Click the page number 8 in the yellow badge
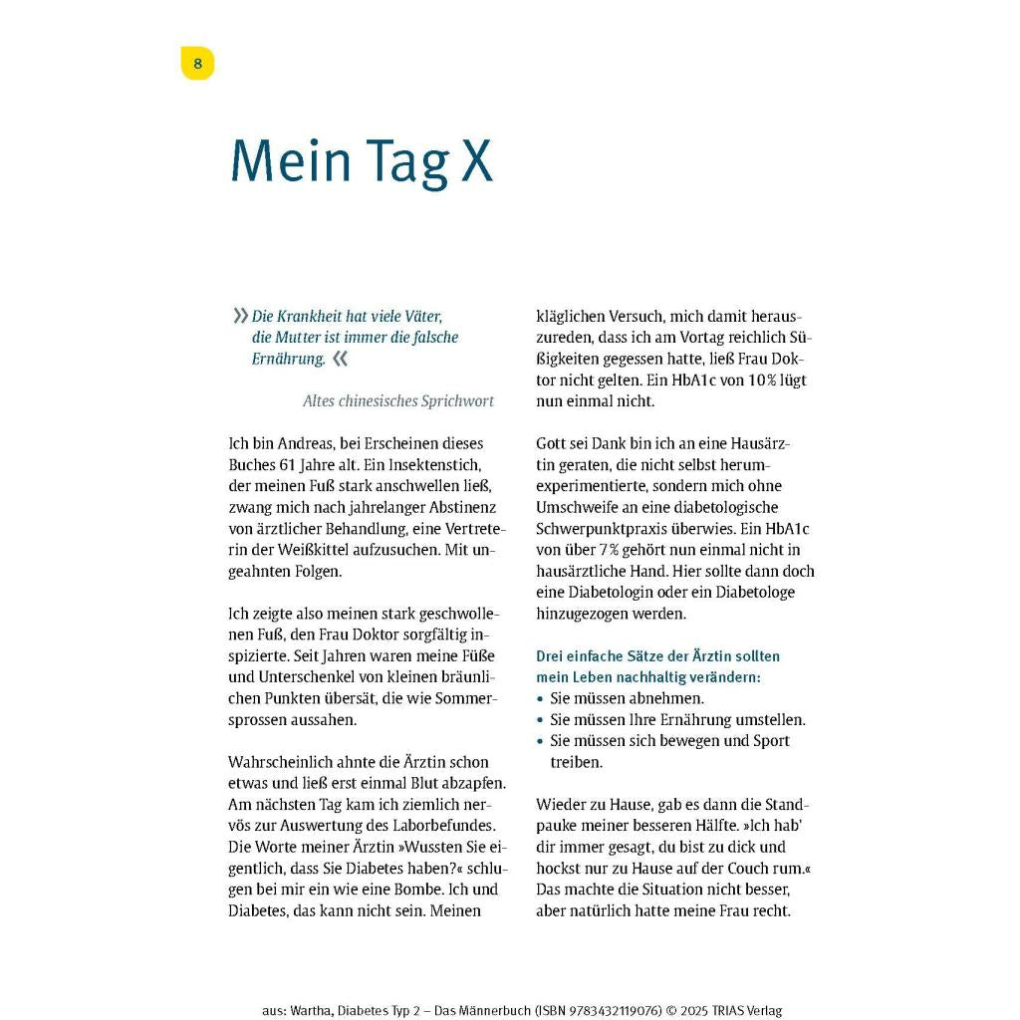pos(197,64)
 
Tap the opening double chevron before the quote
pos(240,316)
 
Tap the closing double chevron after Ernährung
pos(341,359)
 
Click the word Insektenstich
pos(437,465)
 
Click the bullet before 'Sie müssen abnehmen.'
pos(541,699)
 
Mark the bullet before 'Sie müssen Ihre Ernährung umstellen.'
pos(541,720)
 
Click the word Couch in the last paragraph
pos(748,868)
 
